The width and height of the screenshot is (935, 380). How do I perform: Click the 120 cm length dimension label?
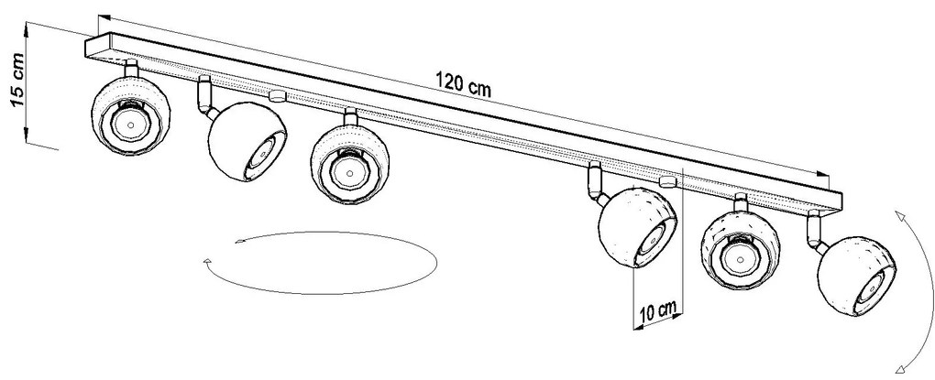coord(463,83)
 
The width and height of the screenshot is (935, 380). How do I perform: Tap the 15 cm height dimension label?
coord(17,81)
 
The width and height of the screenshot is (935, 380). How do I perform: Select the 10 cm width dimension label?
coord(659,311)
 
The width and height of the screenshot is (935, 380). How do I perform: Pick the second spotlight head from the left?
coord(247,142)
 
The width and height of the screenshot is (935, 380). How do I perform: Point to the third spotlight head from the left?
coord(350,165)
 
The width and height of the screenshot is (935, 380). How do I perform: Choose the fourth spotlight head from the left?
coord(638,228)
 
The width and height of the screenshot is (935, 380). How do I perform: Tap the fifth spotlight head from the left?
coord(741,251)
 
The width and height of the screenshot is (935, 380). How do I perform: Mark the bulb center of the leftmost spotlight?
coord(130,125)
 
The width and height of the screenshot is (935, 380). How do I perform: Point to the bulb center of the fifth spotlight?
coord(740,259)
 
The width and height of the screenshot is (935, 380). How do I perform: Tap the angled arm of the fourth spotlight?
coord(596,182)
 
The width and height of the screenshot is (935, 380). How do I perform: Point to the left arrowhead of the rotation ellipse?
coord(207,262)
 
